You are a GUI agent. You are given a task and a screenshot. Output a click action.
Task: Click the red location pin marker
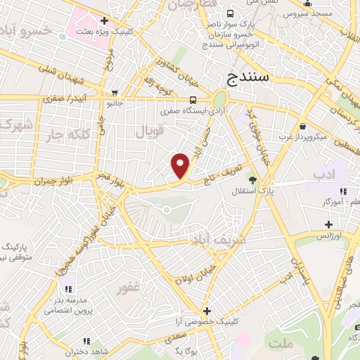pyautogui.click(x=181, y=165)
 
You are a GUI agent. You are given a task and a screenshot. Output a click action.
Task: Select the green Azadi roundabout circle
pyautogui.click(x=220, y=99)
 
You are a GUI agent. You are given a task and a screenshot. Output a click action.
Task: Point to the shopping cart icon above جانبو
pyautogui.click(x=115, y=92)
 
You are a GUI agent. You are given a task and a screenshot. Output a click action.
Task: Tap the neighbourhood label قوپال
pyautogui.click(x=149, y=131)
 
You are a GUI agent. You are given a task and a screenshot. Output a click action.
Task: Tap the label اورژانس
pyautogui.click(x=337, y=236)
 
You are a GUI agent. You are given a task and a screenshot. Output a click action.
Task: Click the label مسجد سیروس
pyautogui.click(x=317, y=13)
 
